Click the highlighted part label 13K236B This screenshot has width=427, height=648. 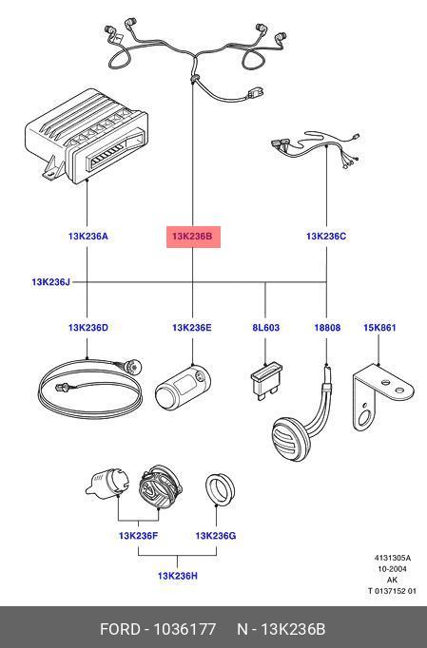pos(193,237)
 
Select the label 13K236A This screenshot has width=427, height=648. pos(87,237)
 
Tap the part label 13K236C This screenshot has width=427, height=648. pos(326,237)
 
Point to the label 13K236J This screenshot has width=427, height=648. pos(51,282)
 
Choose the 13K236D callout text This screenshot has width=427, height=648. pos(87,328)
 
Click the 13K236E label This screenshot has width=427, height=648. pos(191,328)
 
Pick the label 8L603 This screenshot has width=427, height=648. pos(265,328)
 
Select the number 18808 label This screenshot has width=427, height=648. pos(327,328)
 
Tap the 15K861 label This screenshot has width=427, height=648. pos(379,328)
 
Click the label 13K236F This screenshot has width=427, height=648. pos(138,536)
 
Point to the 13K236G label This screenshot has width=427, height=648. pos(216,536)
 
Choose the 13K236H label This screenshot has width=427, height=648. pos(178,576)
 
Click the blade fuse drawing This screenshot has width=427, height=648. pos(265,381)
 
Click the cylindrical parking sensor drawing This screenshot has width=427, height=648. pos(183,388)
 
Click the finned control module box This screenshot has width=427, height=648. pos(87,137)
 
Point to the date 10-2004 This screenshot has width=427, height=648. pos(392,569)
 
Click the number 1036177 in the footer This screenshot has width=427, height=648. pos(184,629)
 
